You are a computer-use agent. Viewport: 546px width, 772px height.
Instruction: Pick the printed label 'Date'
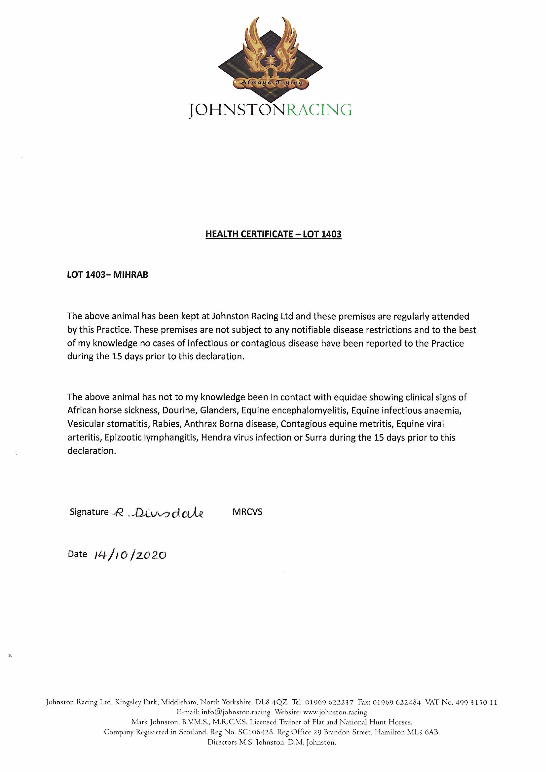77,554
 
